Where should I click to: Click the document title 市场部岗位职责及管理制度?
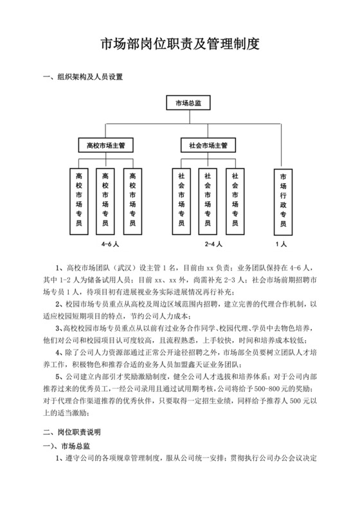click(x=180, y=44)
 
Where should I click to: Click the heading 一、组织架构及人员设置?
click(x=82, y=78)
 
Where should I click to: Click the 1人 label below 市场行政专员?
click(x=281, y=244)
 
